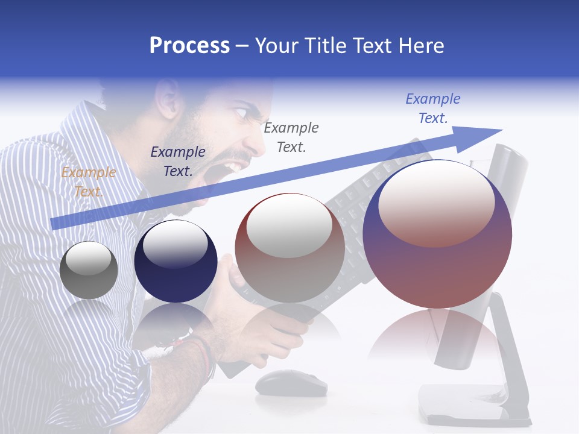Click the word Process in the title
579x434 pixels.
189,46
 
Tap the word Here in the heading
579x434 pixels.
420,46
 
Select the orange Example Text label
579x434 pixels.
88,182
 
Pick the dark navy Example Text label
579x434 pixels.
178,162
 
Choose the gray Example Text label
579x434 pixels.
291,137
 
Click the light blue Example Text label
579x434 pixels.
433,108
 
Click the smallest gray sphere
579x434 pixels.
89,270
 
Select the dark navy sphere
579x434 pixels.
176,262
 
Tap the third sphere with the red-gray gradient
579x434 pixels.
289,248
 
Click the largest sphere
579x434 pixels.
437,234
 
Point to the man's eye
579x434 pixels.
239,112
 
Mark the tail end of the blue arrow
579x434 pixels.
54,224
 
